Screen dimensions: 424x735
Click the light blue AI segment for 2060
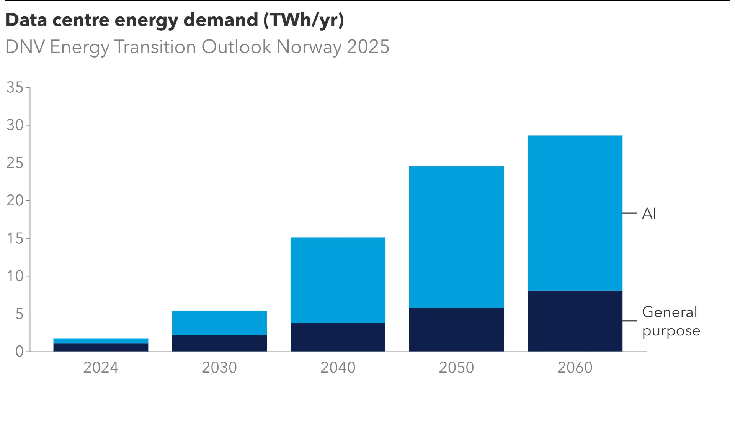tap(575, 213)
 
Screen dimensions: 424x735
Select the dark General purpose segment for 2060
tap(575, 321)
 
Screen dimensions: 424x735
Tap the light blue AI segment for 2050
tap(456, 237)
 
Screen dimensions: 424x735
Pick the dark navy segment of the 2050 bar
tap(456, 330)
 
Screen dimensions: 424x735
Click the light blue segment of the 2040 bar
tap(338, 280)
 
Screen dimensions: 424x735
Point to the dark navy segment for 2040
tap(338, 337)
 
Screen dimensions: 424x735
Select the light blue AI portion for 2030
tap(219, 323)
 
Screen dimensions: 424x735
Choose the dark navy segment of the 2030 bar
tap(219, 343)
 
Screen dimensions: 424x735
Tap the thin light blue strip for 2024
tap(101, 341)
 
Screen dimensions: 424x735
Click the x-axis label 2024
tap(101, 367)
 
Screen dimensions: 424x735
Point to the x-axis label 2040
tap(338, 367)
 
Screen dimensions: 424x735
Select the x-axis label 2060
tap(575, 367)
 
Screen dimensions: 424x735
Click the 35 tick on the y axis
tap(15, 87)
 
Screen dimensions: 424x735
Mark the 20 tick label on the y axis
tap(15, 200)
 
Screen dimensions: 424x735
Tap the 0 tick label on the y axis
tap(20, 351)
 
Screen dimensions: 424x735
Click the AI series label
tap(649, 213)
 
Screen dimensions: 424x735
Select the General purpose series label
tap(671, 321)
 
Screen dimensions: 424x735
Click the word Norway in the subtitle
tap(309, 47)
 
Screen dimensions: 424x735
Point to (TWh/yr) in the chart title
tap(304, 20)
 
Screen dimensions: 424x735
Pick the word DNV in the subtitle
tap(25, 47)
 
